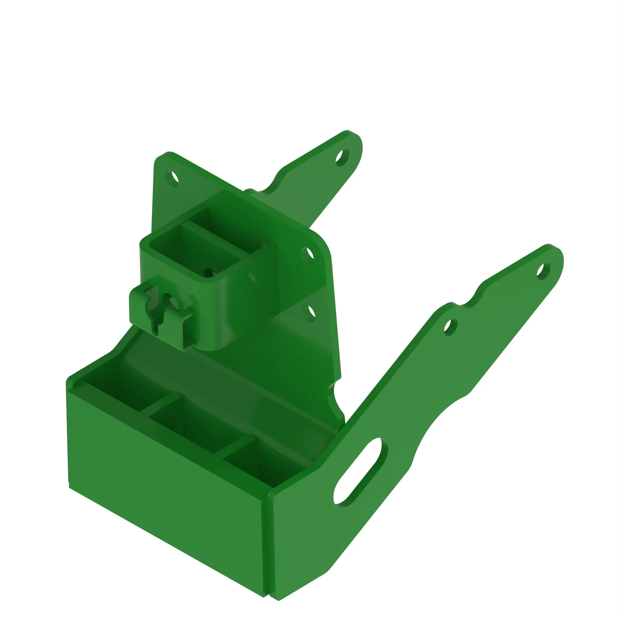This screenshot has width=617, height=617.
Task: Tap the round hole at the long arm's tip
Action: (x=543, y=271)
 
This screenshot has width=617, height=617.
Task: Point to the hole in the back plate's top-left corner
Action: (x=172, y=178)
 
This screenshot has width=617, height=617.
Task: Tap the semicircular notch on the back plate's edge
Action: (x=335, y=398)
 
